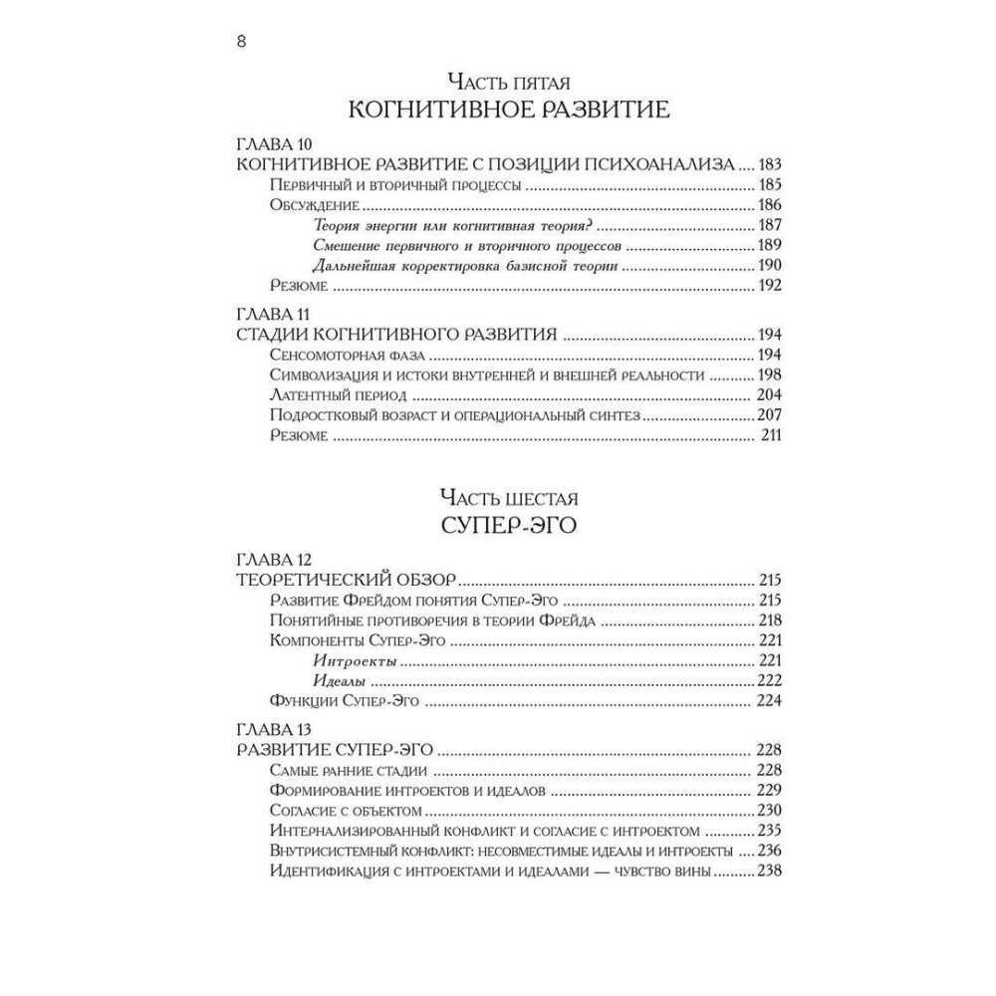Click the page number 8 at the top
click(242, 42)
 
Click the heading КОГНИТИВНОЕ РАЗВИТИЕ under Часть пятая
click(508, 108)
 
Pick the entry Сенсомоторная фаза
click(348, 355)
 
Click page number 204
click(769, 395)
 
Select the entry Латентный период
click(336, 395)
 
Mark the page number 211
click(771, 436)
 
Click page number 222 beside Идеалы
click(769, 682)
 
